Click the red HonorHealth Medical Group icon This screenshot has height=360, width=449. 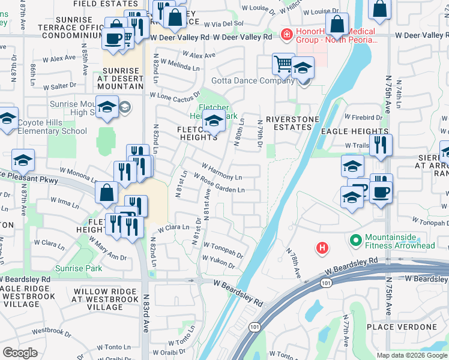(x=287, y=35)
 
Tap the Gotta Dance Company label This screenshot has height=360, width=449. (x=244, y=81)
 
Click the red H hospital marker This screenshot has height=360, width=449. (x=322, y=247)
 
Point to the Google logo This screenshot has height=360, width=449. (x=20, y=352)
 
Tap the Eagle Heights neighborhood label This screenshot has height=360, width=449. (x=354, y=131)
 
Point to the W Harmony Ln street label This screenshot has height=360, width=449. (x=221, y=171)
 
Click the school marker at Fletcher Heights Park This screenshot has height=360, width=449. (x=214, y=121)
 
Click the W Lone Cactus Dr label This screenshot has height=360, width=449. (x=175, y=96)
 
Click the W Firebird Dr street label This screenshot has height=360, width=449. (x=363, y=118)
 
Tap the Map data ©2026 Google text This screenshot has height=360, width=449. (x=412, y=355)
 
